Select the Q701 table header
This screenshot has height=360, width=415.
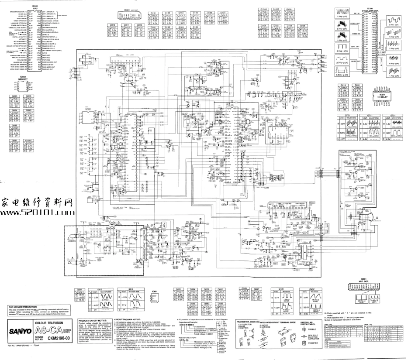click(x=350, y=115)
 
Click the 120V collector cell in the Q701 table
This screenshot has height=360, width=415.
click(x=343, y=131)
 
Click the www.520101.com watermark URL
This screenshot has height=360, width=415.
click(x=35, y=213)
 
